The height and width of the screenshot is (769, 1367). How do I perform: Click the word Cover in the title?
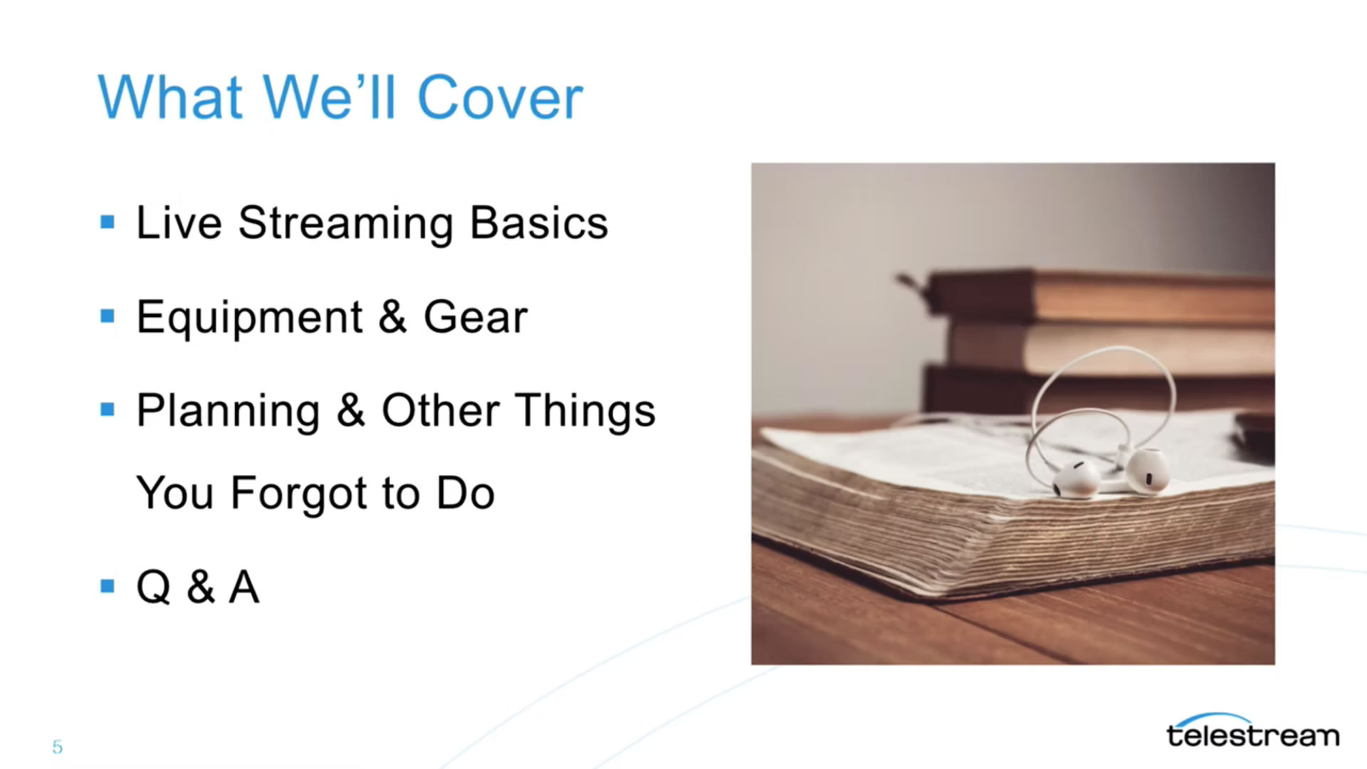click(500, 98)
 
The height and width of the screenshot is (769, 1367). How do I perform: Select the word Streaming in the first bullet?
click(345, 224)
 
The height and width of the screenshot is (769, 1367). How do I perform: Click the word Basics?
click(539, 223)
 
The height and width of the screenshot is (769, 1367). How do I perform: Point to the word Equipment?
click(250, 318)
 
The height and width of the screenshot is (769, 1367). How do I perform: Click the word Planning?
click(228, 412)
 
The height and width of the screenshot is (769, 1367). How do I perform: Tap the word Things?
click(586, 412)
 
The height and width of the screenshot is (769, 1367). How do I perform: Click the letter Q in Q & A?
click(154, 587)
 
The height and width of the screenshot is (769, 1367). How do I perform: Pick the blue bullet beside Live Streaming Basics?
click(108, 223)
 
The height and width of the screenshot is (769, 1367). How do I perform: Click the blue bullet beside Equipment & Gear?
click(108, 316)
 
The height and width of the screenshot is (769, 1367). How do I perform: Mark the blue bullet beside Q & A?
click(108, 586)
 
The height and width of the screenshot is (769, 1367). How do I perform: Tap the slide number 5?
click(57, 747)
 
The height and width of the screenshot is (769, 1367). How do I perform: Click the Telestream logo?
click(1252, 731)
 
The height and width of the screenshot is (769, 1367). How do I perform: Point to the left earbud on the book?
click(1076, 480)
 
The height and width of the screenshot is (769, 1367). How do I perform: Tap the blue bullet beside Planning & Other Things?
click(108, 409)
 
